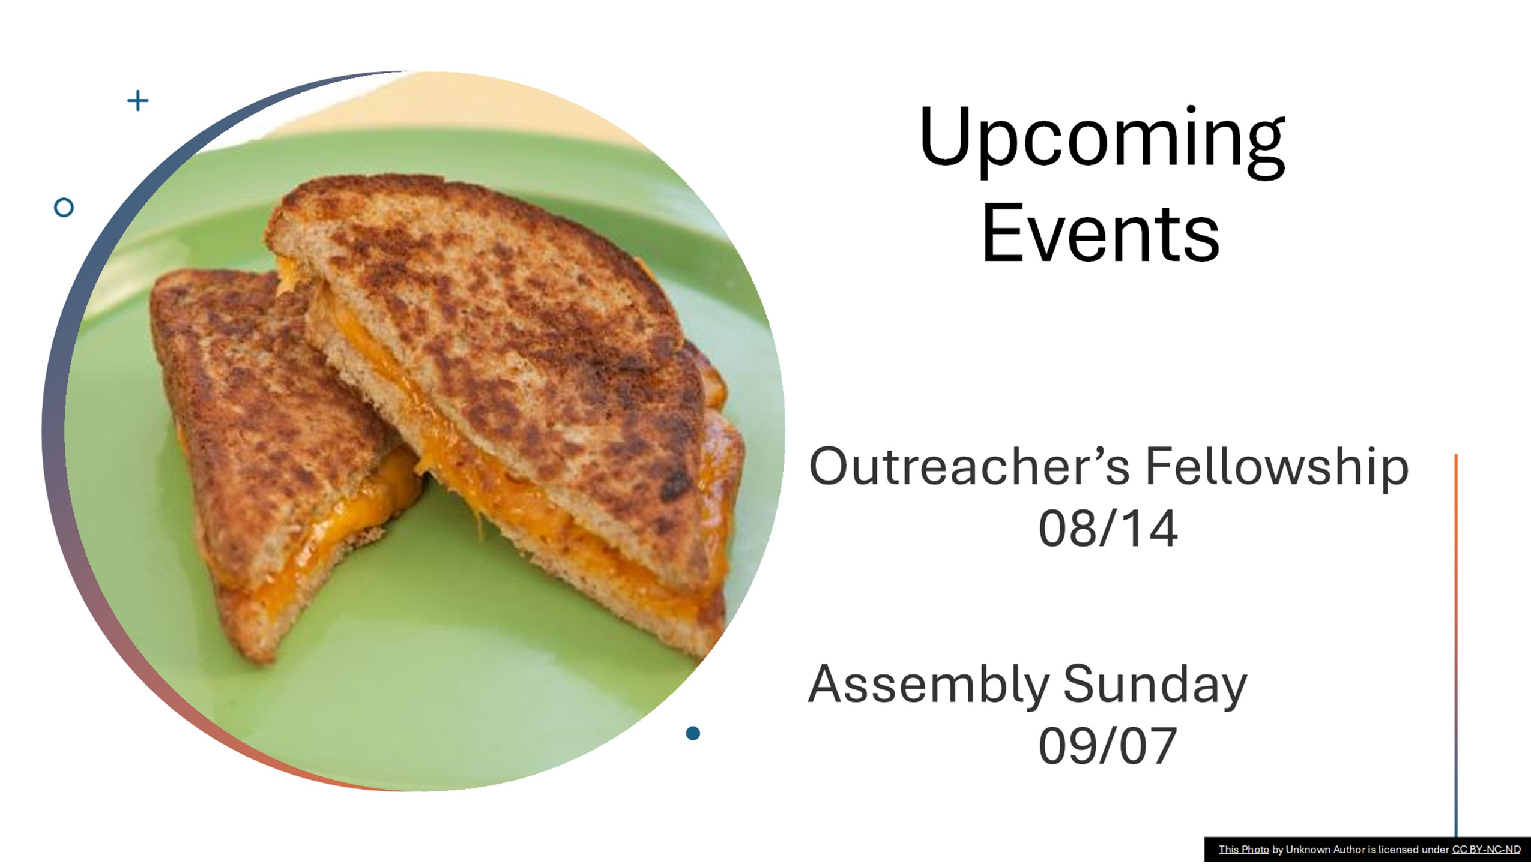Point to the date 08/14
click(x=1108, y=529)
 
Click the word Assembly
click(x=929, y=686)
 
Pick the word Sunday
click(x=1155, y=686)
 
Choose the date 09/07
click(x=1108, y=746)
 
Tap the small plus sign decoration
click(x=138, y=100)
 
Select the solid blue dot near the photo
click(x=693, y=733)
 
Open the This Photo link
click(x=1243, y=850)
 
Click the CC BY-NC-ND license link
click(x=1486, y=850)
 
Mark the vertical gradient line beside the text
click(x=1456, y=645)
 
